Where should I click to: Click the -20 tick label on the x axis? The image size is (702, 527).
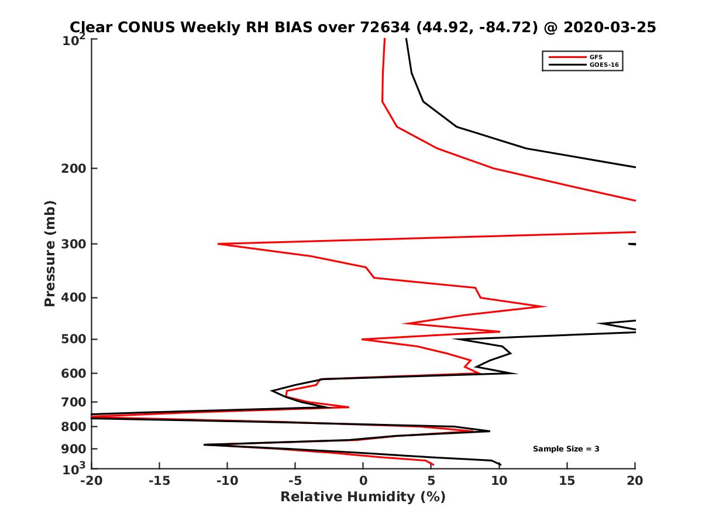91,481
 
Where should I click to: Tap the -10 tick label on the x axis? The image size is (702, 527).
226,481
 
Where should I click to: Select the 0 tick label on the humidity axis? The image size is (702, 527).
363,481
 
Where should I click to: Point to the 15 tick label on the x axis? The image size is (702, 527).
567,481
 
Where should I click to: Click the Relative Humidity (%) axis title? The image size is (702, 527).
363,497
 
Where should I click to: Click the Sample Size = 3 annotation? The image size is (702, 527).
566,449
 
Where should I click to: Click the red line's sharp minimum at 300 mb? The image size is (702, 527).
219,244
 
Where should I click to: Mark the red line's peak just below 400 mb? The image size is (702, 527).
546,306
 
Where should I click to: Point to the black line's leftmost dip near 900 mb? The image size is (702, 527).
204,445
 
